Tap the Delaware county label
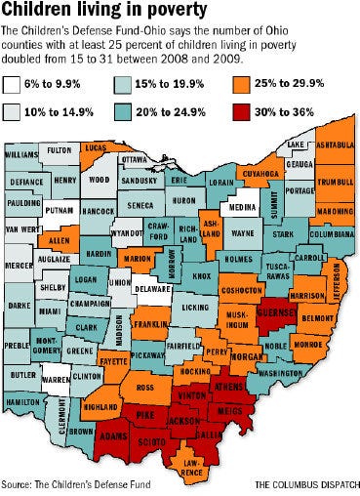tap(153, 290)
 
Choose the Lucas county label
tap(95, 146)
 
